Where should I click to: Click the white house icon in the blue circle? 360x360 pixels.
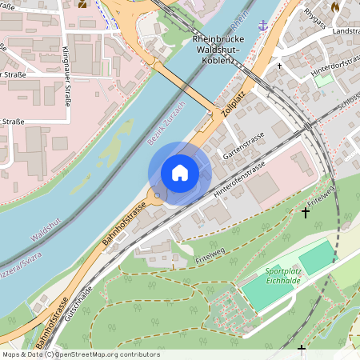(179, 173)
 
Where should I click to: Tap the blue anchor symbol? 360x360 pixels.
(262, 26)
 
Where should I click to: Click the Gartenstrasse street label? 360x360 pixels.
(244, 144)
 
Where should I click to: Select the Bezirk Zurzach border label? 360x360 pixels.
(167, 124)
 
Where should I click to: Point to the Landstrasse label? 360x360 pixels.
(345, 30)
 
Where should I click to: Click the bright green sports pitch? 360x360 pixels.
(318, 258)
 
